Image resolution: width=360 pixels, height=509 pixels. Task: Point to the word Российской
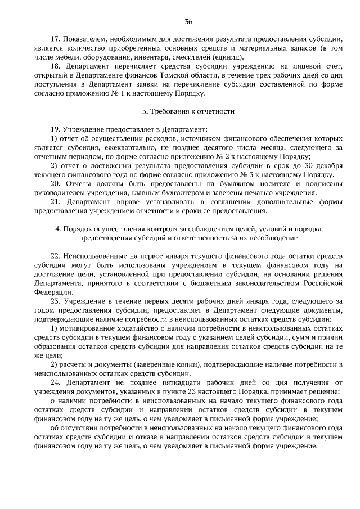click(322, 283)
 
